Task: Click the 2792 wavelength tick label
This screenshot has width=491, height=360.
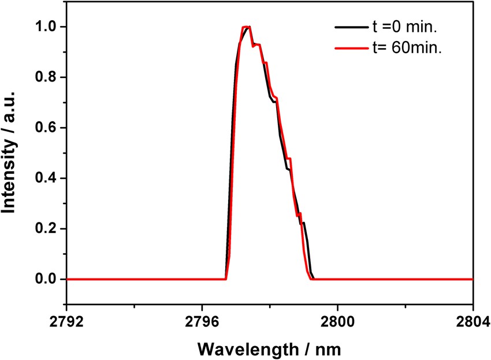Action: coord(67,321)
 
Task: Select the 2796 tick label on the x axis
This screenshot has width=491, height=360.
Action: coord(202,321)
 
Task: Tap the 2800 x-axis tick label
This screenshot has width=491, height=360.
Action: coord(337,321)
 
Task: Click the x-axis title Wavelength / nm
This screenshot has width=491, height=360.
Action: coord(270,348)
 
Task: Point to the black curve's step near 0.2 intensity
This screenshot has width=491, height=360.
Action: coord(303,222)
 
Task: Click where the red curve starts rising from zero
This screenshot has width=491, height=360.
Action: coord(226,279)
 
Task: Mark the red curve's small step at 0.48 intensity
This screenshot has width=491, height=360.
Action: coord(289,158)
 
